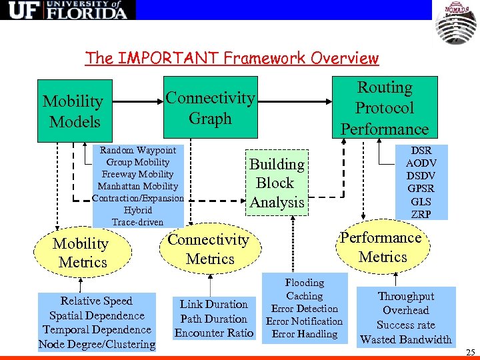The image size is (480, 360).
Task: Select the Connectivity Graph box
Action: tap(210, 108)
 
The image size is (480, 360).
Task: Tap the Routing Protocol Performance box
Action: tap(385, 108)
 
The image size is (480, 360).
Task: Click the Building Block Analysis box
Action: tap(277, 183)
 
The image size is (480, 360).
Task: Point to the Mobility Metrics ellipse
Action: tap(82, 253)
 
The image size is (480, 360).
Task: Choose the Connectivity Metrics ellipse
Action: tap(208, 249)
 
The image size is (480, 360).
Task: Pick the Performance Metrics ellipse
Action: tap(382, 247)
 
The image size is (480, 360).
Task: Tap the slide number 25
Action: tap(471, 352)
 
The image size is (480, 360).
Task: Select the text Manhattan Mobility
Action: tap(138, 186)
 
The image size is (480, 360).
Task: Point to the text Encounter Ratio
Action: tap(214, 333)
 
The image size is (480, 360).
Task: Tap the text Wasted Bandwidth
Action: tap(406, 339)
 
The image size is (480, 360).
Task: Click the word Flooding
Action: tap(305, 283)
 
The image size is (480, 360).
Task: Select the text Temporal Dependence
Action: tap(97, 330)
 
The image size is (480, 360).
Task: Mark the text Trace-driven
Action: tap(138, 222)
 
